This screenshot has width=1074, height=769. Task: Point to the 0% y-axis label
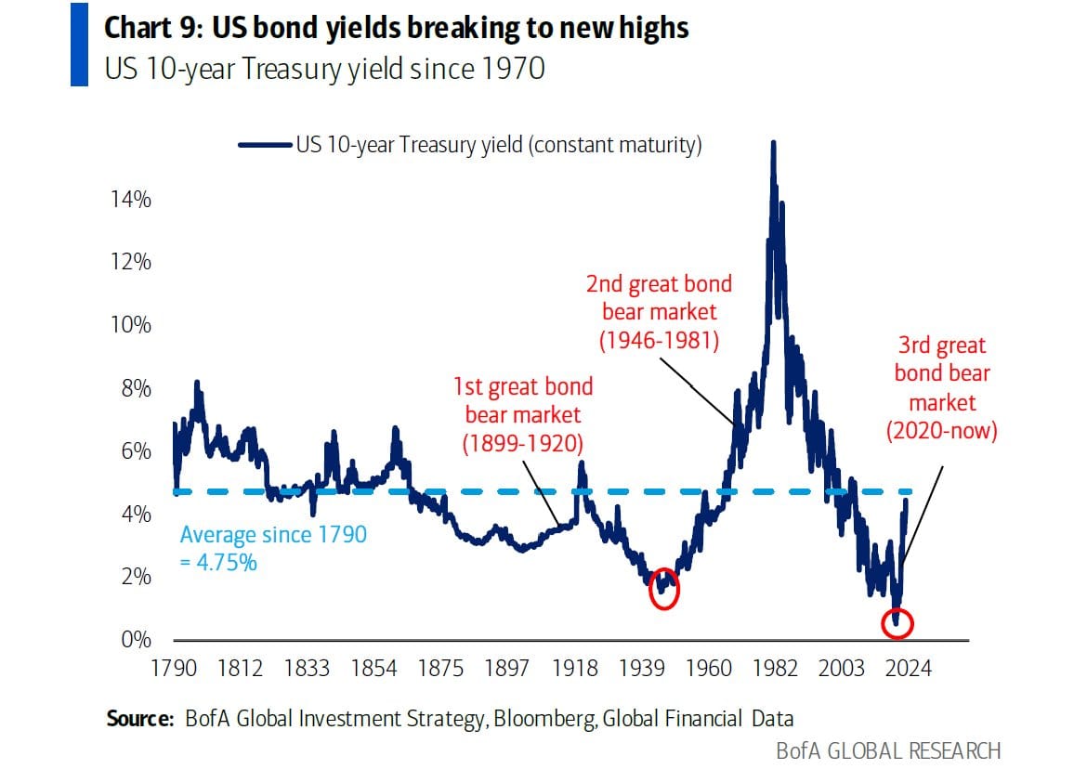pyautogui.click(x=136, y=640)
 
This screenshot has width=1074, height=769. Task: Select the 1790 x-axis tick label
pyautogui.click(x=174, y=669)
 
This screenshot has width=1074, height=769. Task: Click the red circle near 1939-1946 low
pyautogui.click(x=664, y=589)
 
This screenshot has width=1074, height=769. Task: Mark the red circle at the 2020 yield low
pyautogui.click(x=897, y=624)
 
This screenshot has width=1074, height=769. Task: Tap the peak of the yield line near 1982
pyautogui.click(x=772, y=143)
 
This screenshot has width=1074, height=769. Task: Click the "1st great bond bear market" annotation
pyautogui.click(x=522, y=414)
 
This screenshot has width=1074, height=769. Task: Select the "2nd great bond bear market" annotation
pyautogui.click(x=659, y=311)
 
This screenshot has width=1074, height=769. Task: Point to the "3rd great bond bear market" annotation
pyautogui.click(x=942, y=387)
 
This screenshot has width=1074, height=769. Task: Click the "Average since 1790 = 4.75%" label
pyautogui.click(x=273, y=548)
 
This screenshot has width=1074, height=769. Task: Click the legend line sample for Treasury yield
pyautogui.click(x=266, y=145)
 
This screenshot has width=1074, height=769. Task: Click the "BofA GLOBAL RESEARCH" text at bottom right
pyautogui.click(x=888, y=749)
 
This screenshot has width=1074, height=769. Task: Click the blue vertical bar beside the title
pyautogui.click(x=79, y=44)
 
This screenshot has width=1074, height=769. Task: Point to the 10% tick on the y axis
pyautogui.click(x=131, y=325)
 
